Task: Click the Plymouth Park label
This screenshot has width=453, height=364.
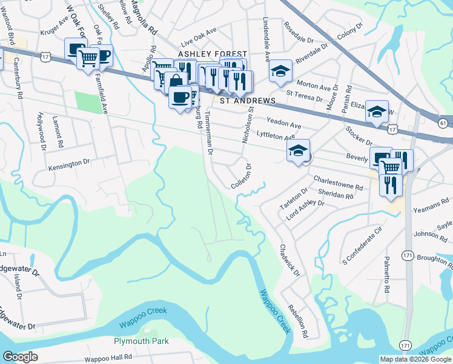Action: point(141,341)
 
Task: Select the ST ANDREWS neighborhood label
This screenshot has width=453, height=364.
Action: point(247,100)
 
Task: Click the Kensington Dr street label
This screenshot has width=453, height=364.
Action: point(69,162)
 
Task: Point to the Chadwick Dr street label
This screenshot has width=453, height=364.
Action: point(289,260)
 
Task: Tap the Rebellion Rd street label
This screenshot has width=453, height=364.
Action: point(298,320)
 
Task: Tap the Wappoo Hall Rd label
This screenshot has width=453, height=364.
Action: point(108,359)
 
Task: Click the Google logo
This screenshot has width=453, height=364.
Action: point(20,356)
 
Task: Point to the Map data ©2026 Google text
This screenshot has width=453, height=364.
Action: point(415,359)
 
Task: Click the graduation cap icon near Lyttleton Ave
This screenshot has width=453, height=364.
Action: point(298,150)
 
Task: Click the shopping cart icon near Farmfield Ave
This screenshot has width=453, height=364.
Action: point(88,59)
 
